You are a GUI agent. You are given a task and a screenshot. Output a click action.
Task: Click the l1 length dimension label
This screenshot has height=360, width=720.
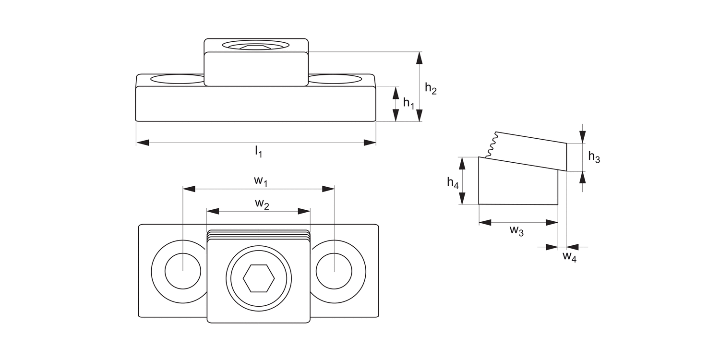tap(258, 152)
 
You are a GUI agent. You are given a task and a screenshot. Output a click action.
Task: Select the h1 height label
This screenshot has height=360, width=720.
tap(408, 103)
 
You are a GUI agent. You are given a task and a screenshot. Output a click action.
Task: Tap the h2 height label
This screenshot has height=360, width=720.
tap(431, 88)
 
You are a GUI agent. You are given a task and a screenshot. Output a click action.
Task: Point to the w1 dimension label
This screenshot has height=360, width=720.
tap(260, 180)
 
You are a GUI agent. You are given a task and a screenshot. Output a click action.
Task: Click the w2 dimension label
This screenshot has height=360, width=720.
tap(262, 204)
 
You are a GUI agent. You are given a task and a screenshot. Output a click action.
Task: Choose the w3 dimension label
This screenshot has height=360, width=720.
tap(516, 230)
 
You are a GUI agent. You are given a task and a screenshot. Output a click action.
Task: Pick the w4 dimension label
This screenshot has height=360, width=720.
tap(569, 256)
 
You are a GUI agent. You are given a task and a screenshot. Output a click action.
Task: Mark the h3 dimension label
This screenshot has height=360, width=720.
tap(594, 157)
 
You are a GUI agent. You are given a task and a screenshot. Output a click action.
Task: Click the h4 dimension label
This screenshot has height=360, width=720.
tap(453, 182)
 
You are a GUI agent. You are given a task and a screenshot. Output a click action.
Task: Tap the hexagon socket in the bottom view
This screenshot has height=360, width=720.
tap(259, 278)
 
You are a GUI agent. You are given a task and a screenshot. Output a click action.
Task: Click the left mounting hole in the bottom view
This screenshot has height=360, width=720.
tap(183, 271)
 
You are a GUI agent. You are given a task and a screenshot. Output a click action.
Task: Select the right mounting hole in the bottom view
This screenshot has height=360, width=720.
tap(334, 271)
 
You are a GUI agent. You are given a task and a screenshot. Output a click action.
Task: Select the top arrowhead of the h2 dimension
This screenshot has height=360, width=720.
tap(420, 58)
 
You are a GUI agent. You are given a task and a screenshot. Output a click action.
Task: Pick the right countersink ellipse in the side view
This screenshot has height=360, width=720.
tap(335, 79)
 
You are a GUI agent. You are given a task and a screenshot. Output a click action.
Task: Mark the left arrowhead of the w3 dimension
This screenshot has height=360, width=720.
tap(485, 222)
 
